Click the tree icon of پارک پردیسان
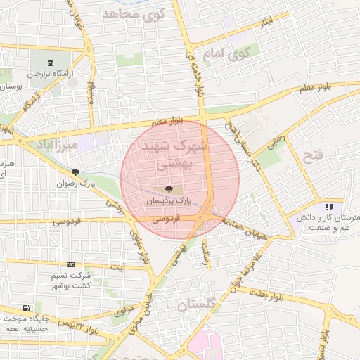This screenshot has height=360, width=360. (x=169, y=189)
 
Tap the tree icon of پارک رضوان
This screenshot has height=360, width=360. (x=75, y=172)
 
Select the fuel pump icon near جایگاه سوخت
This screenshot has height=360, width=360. (x=26, y=308)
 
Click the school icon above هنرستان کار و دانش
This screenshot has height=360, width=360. (x=328, y=207)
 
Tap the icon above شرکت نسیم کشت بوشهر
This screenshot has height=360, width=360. (x=70, y=264)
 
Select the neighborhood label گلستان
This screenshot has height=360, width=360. (x=200, y=305)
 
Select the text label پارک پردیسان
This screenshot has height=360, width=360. (x=169, y=201)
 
